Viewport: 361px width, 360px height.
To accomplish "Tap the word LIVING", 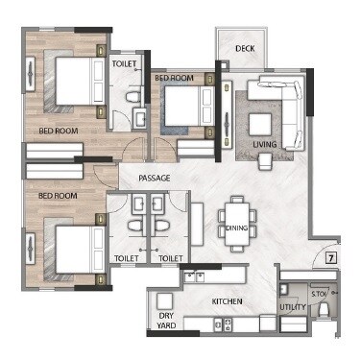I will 265,145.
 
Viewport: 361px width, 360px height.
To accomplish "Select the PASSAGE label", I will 154,179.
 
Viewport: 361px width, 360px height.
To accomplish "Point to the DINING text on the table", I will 237,228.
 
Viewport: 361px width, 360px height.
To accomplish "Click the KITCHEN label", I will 228,302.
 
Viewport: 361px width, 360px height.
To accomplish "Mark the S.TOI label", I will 320,293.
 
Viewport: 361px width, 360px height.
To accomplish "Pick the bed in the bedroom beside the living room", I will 183,106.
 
